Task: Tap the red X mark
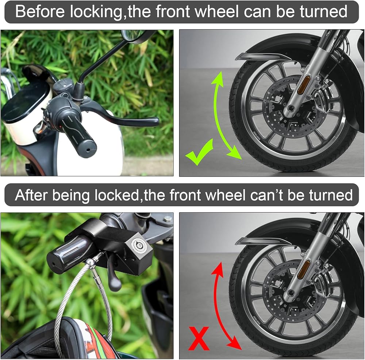199,338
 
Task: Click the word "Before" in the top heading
40,12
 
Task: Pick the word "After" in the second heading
31,195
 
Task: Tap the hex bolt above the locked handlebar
168,219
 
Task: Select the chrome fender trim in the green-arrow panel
263,56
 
